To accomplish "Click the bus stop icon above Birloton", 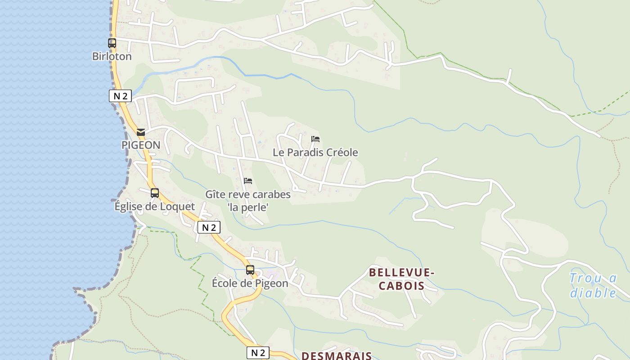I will pyautogui.click(x=112, y=43).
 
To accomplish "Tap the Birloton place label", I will pyautogui.click(x=112, y=56).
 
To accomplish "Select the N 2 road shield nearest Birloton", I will pyautogui.click(x=120, y=96).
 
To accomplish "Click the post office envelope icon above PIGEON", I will pyautogui.click(x=141, y=132).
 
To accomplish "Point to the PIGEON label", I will pyautogui.click(x=141, y=145).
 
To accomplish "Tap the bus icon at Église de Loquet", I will pyautogui.click(x=155, y=193).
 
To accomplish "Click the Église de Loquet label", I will pyautogui.click(x=155, y=207).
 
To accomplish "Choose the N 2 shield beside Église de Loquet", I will pyautogui.click(x=209, y=227).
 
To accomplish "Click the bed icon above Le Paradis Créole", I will pyautogui.click(x=315, y=139).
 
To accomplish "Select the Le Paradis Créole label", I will pyautogui.click(x=315, y=153).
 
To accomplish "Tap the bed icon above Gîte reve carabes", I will pyautogui.click(x=248, y=181).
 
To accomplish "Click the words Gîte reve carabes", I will pyautogui.click(x=248, y=194).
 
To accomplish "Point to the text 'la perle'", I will pyautogui.click(x=248, y=207).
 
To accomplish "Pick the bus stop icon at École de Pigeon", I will pyautogui.click(x=250, y=270).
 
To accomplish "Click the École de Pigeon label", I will pyautogui.click(x=250, y=283).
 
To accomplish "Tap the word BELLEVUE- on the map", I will pyautogui.click(x=402, y=272).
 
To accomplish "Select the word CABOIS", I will pyautogui.click(x=402, y=286).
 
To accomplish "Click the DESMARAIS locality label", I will pyautogui.click(x=337, y=355).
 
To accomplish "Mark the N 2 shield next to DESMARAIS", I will pyautogui.click(x=258, y=353).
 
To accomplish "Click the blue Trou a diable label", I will pyautogui.click(x=594, y=285).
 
